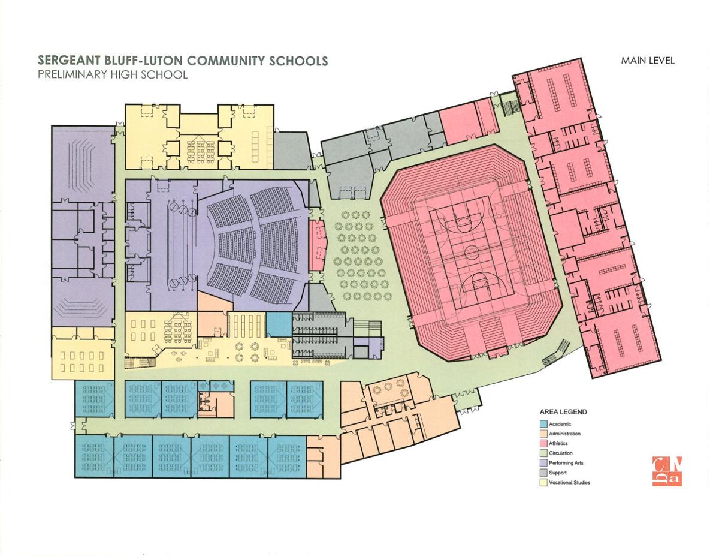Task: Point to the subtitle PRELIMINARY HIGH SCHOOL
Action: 113,75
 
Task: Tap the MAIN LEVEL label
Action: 648,60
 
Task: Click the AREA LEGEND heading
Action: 562,412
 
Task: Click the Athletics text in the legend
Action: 559,443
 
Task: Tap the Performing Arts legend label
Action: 566,463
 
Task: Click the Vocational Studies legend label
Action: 569,482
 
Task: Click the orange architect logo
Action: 669,472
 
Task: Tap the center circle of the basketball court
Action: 471,250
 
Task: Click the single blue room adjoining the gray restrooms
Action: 277,326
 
